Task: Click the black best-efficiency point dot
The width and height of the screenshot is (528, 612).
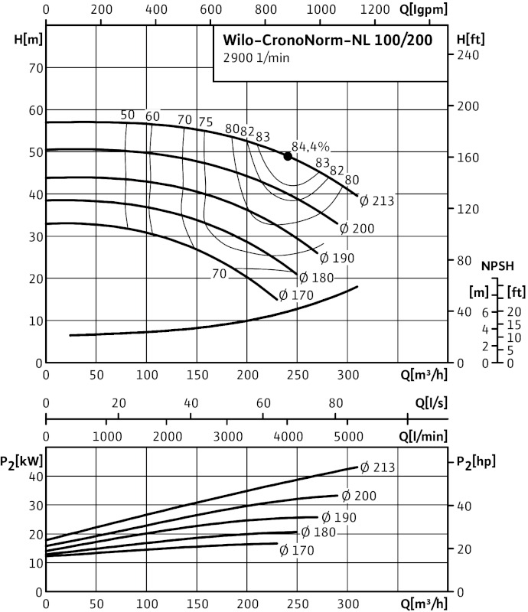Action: click(288, 156)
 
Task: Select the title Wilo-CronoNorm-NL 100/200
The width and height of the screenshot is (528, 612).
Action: click(332, 41)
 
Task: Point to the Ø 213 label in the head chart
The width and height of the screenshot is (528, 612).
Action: click(376, 201)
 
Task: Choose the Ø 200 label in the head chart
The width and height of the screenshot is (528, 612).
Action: click(356, 228)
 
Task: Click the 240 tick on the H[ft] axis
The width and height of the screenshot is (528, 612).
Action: click(468, 55)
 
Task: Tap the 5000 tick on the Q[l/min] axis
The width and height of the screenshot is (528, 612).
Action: click(347, 435)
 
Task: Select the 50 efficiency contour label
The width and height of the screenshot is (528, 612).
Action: click(128, 115)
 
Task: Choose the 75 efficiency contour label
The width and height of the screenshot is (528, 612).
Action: click(205, 121)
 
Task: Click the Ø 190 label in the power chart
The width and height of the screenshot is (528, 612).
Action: click(337, 517)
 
